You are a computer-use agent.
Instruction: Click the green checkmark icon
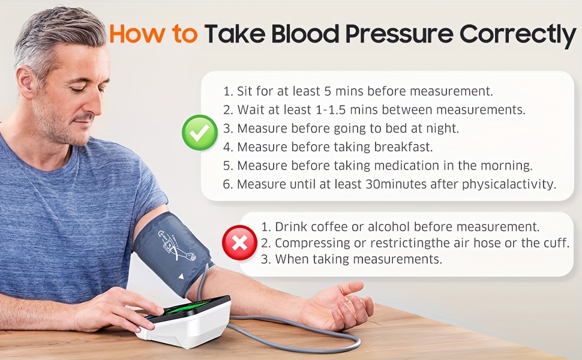point(200,133)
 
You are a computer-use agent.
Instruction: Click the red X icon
point(240,243)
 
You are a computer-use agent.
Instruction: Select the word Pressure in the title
point(400,34)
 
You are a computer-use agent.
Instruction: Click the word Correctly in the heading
point(518,35)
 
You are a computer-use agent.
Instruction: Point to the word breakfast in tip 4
point(403,147)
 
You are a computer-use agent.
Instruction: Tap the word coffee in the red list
point(329,226)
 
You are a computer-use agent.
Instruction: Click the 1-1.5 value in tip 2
point(330,110)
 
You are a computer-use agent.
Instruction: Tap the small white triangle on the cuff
point(181,277)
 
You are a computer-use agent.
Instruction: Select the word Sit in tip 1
point(245,91)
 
